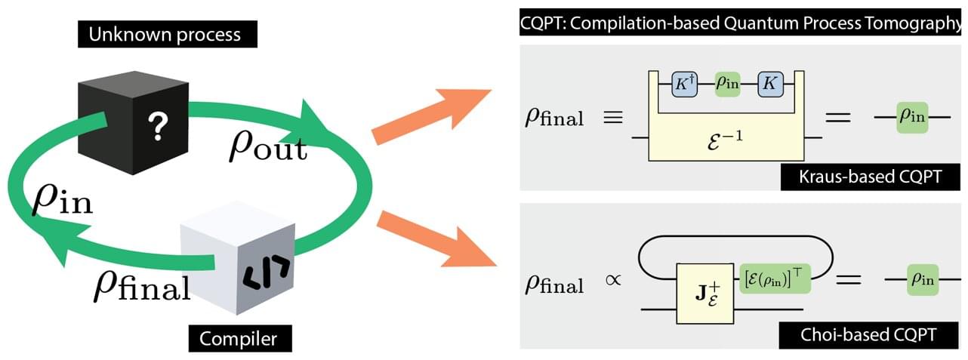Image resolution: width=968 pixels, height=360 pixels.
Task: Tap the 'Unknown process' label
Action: click(x=165, y=35)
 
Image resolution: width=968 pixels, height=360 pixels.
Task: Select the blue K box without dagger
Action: click(x=769, y=83)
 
